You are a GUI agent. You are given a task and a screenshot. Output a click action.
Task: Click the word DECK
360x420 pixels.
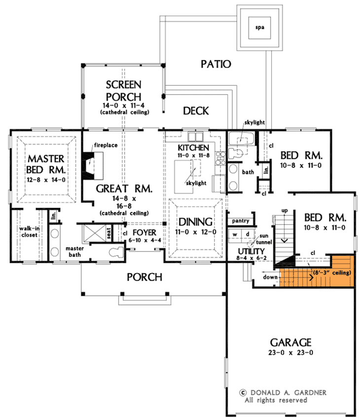196,111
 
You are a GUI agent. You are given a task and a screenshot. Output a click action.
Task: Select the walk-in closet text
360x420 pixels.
29,232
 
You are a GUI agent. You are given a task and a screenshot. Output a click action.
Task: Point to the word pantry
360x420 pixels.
240,221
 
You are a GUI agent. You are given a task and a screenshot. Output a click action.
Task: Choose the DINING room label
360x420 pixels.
196,221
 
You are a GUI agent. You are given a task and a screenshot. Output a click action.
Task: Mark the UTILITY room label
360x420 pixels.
241,251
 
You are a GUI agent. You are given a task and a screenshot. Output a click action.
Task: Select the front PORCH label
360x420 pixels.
144,277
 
